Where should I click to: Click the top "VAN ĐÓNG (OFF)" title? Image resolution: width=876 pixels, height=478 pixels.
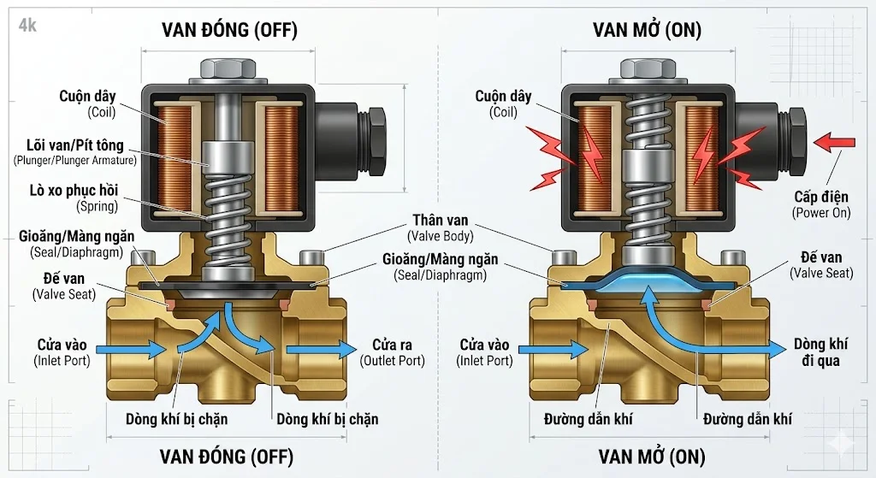(229, 30)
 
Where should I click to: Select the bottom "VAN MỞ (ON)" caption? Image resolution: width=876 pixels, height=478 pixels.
(652, 455)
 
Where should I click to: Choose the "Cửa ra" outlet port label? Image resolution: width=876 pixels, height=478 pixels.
(392, 345)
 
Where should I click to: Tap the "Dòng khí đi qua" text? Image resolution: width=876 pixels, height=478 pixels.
(820, 352)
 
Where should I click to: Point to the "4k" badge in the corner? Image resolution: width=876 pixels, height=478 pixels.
(27, 26)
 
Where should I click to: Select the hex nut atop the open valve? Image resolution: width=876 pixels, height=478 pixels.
(648, 68)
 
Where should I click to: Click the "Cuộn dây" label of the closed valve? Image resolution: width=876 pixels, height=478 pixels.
(87, 97)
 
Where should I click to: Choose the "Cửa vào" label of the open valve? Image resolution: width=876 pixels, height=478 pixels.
(484, 345)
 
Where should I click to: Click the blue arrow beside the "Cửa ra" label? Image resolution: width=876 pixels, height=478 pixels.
(321, 349)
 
